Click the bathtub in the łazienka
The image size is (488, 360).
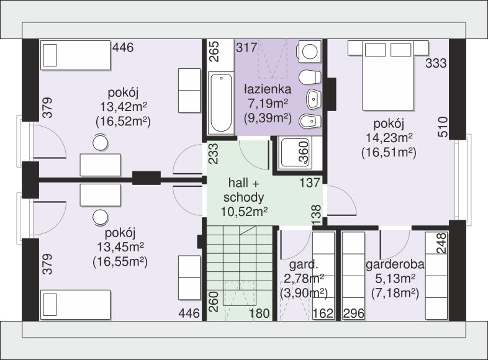click(221, 103)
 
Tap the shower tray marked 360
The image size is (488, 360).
click(296, 153)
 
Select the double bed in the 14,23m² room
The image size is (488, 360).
click(388, 75)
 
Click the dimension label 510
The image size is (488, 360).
click(443, 127)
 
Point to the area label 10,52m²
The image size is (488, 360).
click(245, 212)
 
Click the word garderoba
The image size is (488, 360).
click(395, 264)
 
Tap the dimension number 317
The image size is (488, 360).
click(246, 48)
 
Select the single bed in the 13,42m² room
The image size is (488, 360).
click(75, 55)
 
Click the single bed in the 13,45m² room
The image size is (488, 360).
click(75, 305)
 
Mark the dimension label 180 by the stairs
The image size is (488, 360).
click(260, 313)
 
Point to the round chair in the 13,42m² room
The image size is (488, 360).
click(100, 143)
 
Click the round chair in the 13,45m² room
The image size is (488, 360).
click(100, 217)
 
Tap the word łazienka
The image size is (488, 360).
click(268, 89)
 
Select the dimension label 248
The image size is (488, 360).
click(441, 243)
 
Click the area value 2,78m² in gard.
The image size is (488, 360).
click(304, 279)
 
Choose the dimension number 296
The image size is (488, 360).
click(354, 313)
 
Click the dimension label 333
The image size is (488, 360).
click(436, 63)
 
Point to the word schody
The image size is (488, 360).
click(243, 197)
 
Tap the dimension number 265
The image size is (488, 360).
click(214, 52)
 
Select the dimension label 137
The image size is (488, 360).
click(310, 182)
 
